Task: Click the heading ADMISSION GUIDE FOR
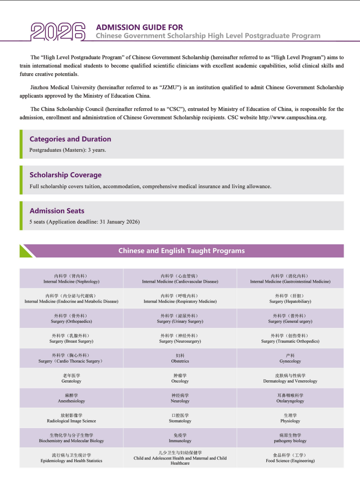click(x=139, y=28)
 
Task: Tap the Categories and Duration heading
click(x=70, y=139)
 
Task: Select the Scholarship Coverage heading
click(x=65, y=175)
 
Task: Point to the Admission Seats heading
click(x=57, y=211)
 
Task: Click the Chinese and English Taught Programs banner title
click(x=181, y=251)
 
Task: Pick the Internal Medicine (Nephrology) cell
click(x=71, y=279)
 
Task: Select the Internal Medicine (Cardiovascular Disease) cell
click(x=180, y=279)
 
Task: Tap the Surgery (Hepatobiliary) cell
click(x=290, y=299)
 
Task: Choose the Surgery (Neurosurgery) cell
click(x=180, y=339)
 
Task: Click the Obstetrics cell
click(x=180, y=359)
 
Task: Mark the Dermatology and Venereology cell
click(x=290, y=379)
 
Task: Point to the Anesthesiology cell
click(x=71, y=399)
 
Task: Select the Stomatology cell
click(x=180, y=418)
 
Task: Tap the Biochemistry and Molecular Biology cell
click(x=71, y=438)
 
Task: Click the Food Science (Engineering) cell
click(x=290, y=458)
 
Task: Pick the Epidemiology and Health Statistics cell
click(x=71, y=458)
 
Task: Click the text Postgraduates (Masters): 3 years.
click(x=67, y=150)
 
